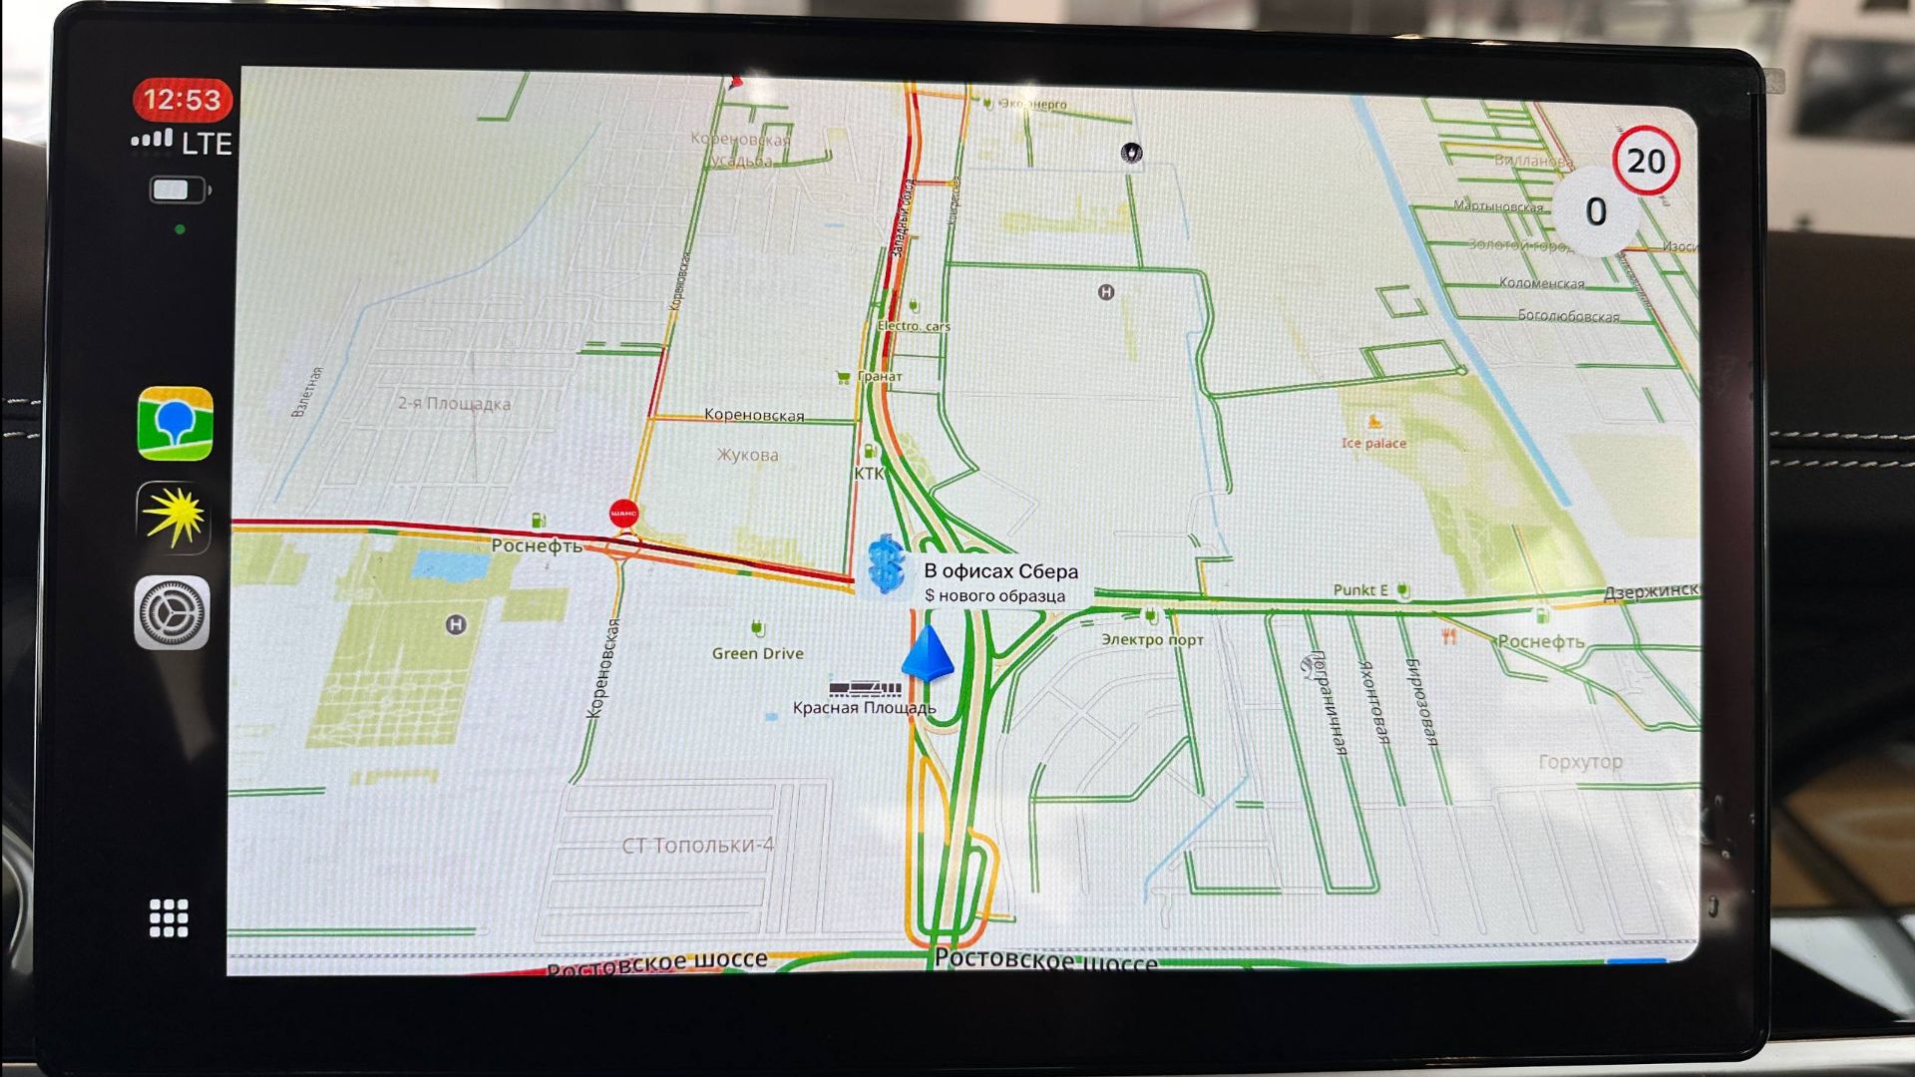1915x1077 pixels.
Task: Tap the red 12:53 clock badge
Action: point(182,100)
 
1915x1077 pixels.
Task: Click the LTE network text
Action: point(207,145)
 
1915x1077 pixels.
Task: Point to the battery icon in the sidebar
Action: point(179,189)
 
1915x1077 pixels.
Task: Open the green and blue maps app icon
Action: point(176,424)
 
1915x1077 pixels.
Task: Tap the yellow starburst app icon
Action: point(174,517)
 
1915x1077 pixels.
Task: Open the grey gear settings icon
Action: point(173,612)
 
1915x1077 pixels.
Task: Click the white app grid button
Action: point(169,917)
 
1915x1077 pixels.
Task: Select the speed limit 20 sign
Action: point(1646,161)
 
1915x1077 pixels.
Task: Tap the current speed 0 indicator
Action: point(1596,211)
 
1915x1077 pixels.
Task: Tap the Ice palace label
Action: point(1373,443)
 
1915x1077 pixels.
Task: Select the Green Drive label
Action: point(757,653)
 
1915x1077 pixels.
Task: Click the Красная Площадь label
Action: point(864,708)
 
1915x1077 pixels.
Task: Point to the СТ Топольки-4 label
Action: point(697,845)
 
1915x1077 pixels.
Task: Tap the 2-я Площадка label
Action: point(454,404)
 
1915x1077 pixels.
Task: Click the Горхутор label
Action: point(1580,762)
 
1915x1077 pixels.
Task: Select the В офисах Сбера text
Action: point(1000,571)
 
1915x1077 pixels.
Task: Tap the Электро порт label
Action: point(1152,639)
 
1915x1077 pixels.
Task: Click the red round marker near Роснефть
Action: point(624,514)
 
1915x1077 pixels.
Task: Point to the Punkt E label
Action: point(1360,589)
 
